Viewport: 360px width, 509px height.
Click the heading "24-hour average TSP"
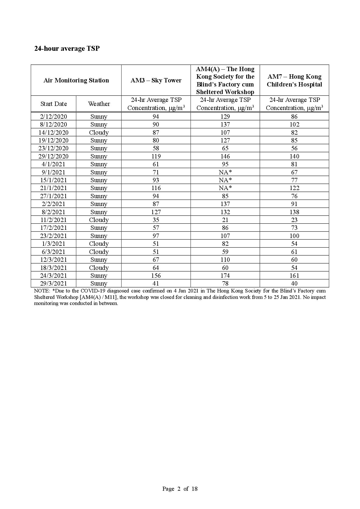(67, 48)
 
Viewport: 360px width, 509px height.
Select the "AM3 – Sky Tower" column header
(156, 80)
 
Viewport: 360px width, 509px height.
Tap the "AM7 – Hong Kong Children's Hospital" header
(294, 80)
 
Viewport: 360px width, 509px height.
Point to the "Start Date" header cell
(54, 104)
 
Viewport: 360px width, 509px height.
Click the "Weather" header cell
(99, 104)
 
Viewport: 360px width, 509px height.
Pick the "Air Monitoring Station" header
(76, 80)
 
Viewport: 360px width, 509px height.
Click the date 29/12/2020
(54, 156)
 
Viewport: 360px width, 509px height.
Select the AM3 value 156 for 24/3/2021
(156, 275)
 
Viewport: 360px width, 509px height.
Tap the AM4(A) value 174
(225, 275)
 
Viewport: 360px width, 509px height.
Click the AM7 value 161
(294, 275)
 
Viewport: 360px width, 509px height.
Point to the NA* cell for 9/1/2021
(225, 172)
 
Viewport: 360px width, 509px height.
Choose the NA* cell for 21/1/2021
(225, 188)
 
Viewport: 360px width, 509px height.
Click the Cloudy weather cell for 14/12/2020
(99, 132)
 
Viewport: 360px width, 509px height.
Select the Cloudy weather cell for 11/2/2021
(99, 220)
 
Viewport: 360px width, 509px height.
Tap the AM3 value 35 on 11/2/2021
(156, 220)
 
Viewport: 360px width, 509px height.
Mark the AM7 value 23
(294, 220)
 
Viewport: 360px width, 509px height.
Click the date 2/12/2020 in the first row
(54, 116)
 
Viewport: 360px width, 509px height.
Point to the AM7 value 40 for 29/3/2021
(294, 283)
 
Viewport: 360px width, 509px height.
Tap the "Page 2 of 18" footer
(180, 489)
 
